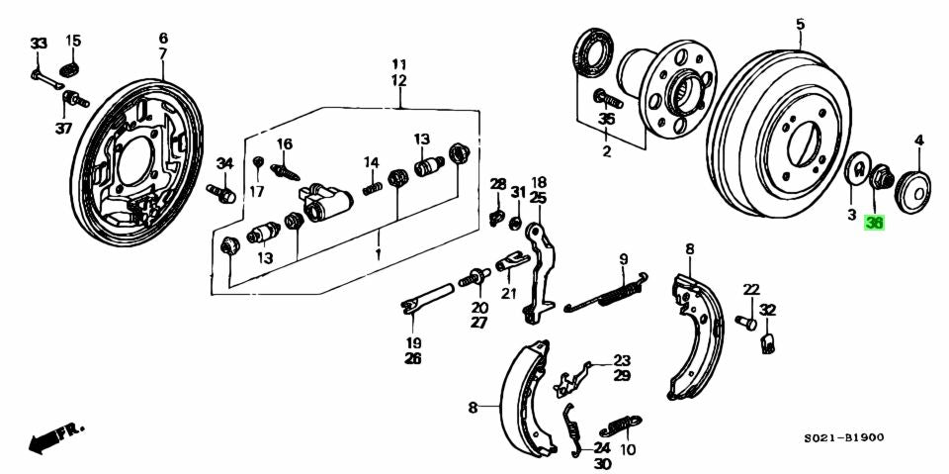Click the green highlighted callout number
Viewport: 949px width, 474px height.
[874, 223]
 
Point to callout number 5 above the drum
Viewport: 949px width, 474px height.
[800, 23]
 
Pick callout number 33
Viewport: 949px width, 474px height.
[38, 44]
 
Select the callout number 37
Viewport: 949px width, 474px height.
[63, 129]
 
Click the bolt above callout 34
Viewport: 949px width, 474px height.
[220, 191]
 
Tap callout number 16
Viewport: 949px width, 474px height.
[285, 144]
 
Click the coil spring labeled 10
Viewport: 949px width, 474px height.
[620, 423]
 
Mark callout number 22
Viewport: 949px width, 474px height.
[751, 289]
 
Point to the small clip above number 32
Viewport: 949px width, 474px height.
[768, 342]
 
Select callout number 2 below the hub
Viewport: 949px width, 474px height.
[607, 151]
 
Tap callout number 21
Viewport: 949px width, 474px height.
[508, 293]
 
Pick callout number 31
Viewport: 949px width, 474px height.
[518, 191]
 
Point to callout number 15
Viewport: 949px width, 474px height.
[73, 41]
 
